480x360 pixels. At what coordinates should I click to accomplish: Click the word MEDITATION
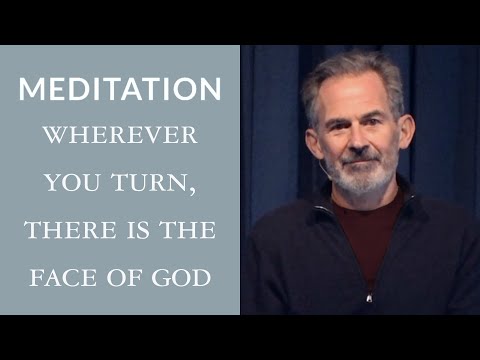(120, 88)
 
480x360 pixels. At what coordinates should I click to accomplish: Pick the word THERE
(66, 230)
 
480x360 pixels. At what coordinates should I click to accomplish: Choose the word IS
(132, 230)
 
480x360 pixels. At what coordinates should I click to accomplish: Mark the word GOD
(179, 277)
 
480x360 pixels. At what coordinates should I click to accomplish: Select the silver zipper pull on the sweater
(370, 296)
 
